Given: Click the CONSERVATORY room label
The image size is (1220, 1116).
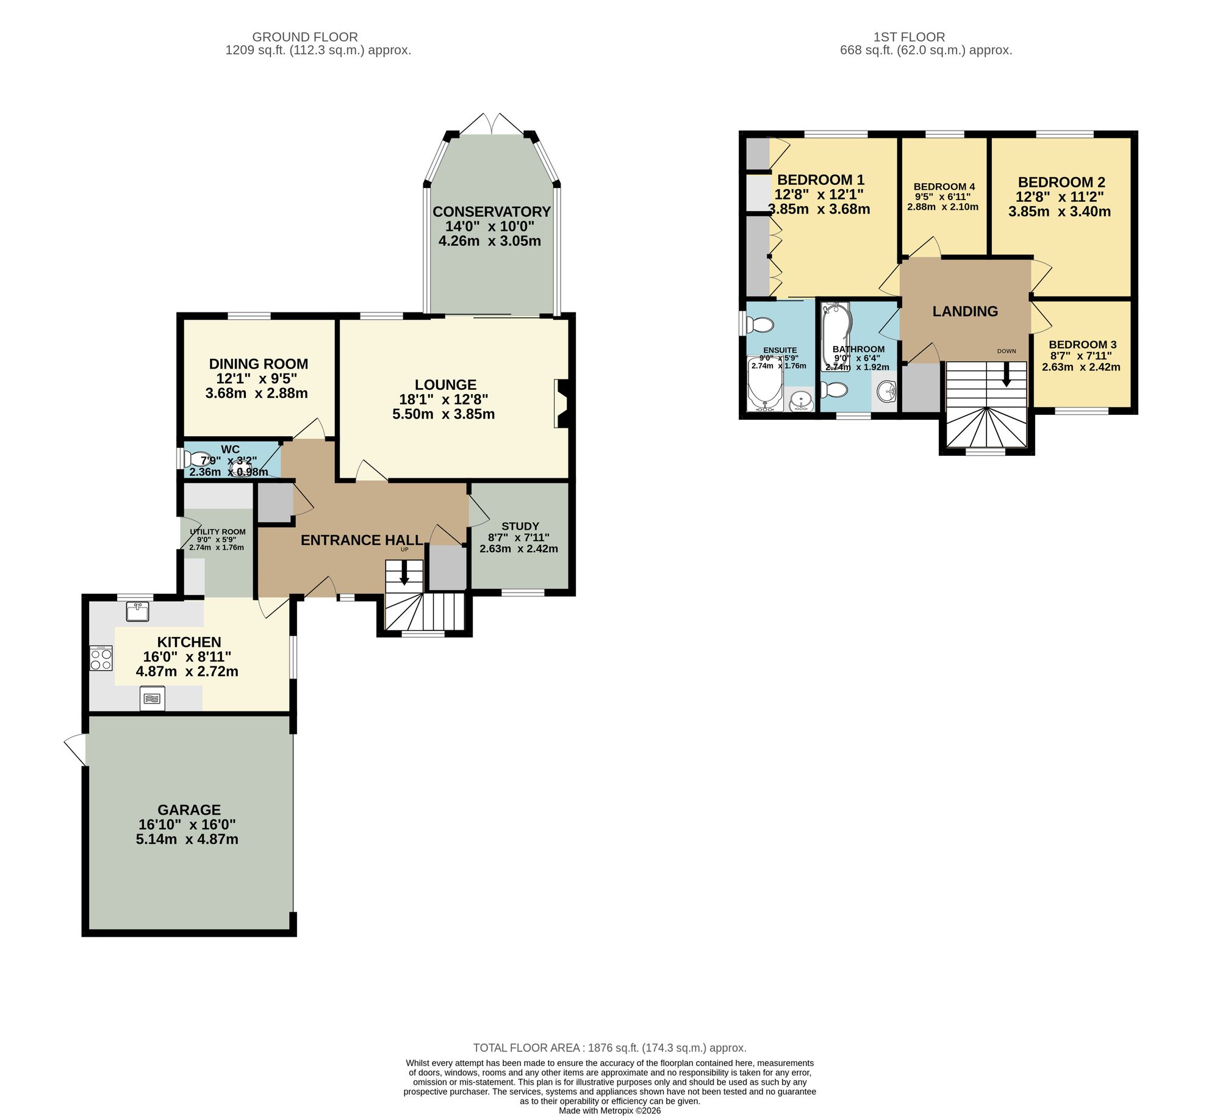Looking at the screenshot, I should click(x=491, y=212).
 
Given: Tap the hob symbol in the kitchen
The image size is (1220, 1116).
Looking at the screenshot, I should click(x=101, y=658).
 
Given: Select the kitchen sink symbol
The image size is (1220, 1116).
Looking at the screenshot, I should click(x=138, y=611).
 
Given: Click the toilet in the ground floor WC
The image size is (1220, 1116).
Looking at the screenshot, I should click(x=197, y=459).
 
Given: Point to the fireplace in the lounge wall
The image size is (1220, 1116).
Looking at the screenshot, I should click(x=561, y=404).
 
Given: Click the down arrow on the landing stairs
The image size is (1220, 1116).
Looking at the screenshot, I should click(x=1006, y=374).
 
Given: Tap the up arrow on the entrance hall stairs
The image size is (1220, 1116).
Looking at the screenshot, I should click(x=404, y=572).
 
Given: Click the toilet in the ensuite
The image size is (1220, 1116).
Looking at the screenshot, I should click(x=759, y=324).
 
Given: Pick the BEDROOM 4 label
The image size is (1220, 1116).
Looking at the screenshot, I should click(x=944, y=187).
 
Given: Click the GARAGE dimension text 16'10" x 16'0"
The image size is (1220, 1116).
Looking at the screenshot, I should click(x=187, y=824).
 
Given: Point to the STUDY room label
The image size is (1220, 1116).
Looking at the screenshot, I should click(x=520, y=526).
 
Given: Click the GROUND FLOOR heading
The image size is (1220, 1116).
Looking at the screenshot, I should click(x=304, y=37).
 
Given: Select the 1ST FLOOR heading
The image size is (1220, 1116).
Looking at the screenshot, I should click(x=909, y=37).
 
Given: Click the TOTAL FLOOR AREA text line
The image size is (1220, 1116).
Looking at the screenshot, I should click(x=609, y=1048).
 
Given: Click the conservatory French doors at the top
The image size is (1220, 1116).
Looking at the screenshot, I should click(x=492, y=124).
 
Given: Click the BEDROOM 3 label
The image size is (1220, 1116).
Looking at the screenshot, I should click(x=1082, y=344).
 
